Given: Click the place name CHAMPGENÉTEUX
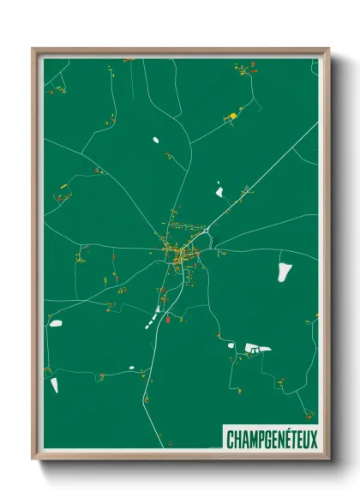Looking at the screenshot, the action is tap(271, 440).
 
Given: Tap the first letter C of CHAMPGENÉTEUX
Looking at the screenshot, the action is tap(230, 440).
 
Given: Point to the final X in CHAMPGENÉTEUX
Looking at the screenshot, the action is tap(313, 440).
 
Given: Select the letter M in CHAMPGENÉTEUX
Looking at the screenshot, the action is tap(249, 440).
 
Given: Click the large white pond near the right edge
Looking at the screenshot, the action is tap(284, 272).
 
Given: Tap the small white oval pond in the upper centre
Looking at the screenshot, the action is tap(156, 139).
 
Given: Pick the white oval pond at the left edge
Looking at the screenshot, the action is tap(57, 323).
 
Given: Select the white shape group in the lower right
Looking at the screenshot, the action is tap(256, 348).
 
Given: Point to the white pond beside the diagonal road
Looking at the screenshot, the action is tap(219, 188).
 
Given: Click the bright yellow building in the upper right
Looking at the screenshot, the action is tap(231, 115).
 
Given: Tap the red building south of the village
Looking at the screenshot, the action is tap(168, 320).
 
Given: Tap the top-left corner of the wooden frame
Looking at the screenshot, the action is tap(33, 49).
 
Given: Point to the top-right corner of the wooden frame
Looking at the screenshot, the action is tap(328, 49).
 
